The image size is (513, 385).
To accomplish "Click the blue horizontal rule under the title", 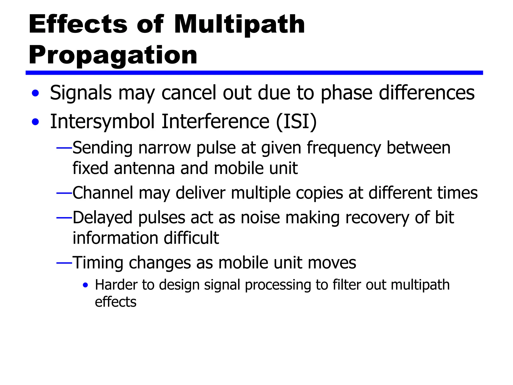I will pyautogui.click(x=254, y=73).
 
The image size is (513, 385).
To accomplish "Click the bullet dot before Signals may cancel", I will pyautogui.click(x=36, y=93).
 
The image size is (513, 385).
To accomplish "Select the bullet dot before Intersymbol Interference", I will pyautogui.click(x=36, y=122).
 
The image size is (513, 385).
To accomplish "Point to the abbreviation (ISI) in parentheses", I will pyautogui.click(x=296, y=122).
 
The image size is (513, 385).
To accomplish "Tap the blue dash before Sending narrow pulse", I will pyautogui.click(x=64, y=148).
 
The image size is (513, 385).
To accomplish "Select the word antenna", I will pyautogui.click(x=144, y=168).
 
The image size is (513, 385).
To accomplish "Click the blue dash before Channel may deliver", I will pyautogui.click(x=64, y=193).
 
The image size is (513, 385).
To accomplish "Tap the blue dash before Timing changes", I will pyautogui.click(x=64, y=263).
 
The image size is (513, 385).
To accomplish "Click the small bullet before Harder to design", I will pyautogui.click(x=85, y=285).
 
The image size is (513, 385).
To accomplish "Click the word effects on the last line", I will pyautogui.click(x=115, y=302).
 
